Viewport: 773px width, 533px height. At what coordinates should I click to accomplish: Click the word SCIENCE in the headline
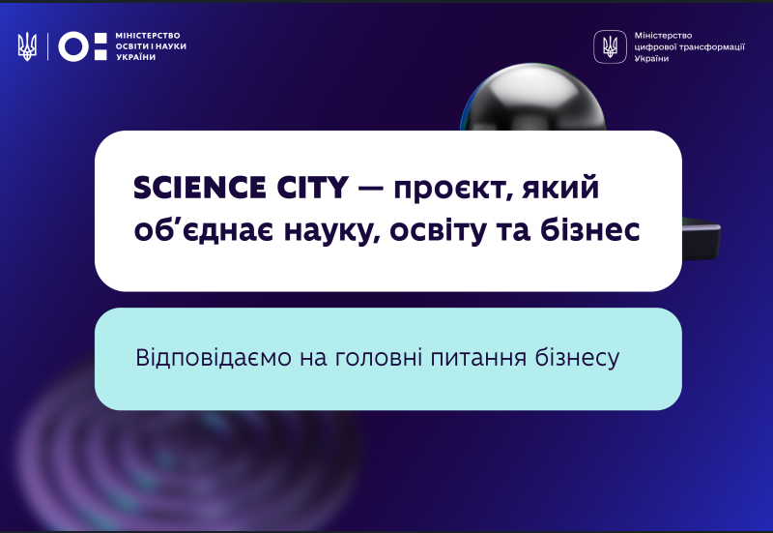[200, 188]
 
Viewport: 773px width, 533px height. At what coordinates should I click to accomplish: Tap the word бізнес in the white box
[590, 229]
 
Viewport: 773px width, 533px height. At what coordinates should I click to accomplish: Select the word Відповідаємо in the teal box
[214, 357]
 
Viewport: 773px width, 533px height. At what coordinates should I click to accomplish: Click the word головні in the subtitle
[379, 357]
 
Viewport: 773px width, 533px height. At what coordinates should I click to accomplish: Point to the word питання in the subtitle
[478, 358]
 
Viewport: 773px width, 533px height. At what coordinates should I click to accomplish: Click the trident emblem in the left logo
[27, 46]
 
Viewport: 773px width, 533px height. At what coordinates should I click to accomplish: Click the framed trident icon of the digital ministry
[610, 46]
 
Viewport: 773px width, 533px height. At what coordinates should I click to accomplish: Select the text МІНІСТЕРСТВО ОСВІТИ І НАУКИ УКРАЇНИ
[151, 46]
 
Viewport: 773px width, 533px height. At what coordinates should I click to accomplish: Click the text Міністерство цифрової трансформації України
[689, 46]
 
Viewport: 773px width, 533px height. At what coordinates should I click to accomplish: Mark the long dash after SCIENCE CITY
[371, 189]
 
